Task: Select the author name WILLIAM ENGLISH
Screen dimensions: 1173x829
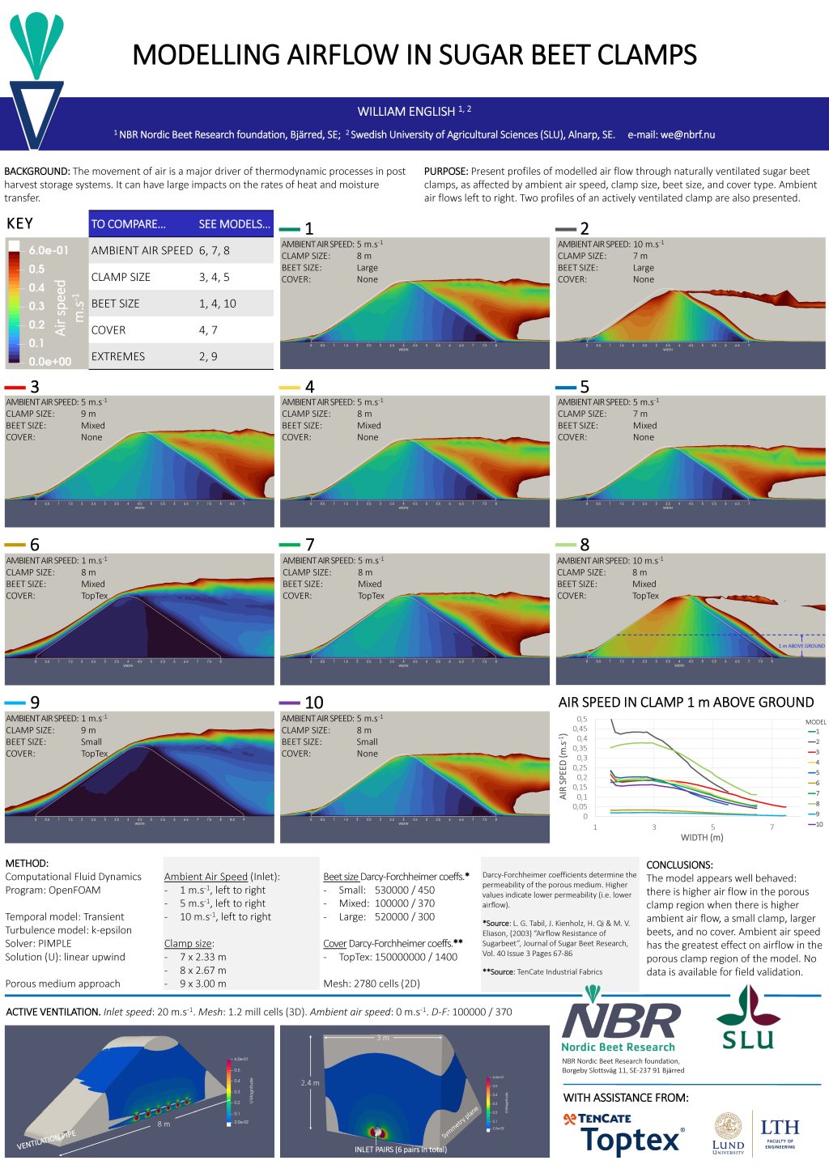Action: pos(406,112)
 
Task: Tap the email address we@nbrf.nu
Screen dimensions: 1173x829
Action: pos(687,135)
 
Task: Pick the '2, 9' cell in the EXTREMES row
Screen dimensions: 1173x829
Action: pos(208,356)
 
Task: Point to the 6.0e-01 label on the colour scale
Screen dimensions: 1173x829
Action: pos(49,251)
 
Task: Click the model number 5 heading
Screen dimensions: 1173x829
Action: pos(584,387)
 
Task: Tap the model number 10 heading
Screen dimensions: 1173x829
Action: pos(313,703)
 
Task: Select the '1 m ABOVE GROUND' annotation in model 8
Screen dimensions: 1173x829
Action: pos(801,646)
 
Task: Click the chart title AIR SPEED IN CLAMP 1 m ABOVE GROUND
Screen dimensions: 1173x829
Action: pos(686,703)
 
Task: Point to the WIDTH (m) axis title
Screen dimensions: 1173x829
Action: pos(702,837)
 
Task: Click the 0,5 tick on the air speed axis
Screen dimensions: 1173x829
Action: pos(582,719)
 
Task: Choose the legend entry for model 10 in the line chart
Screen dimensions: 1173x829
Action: pos(816,824)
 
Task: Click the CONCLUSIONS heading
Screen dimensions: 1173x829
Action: pos(679,865)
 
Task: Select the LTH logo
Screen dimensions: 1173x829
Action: pos(780,1132)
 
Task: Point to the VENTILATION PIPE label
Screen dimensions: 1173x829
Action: pos(46,1140)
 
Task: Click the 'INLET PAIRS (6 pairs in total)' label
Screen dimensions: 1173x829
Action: pos(400,1150)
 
